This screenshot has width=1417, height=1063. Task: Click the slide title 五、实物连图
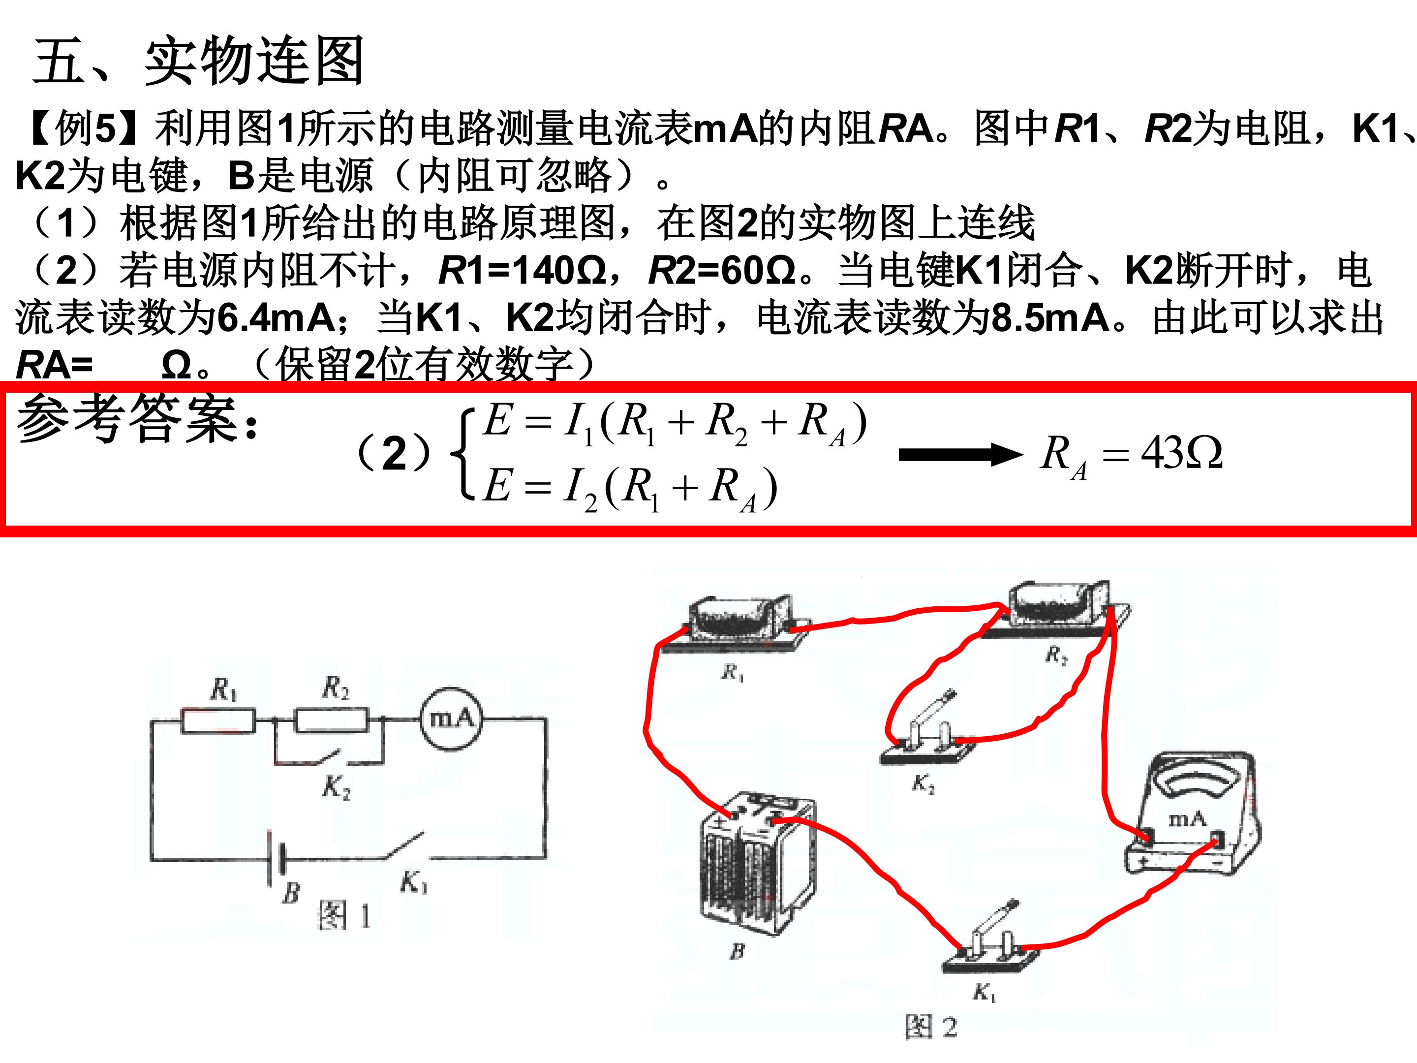coord(199,62)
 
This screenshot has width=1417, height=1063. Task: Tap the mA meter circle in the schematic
coord(450,719)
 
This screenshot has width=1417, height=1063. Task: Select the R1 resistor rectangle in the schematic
coord(218,720)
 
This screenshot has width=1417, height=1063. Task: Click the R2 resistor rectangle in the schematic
coord(332,719)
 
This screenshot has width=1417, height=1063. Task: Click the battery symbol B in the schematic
coord(276,859)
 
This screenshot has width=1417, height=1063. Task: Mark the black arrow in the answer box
coord(961,455)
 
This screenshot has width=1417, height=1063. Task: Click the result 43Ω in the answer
coord(1182,453)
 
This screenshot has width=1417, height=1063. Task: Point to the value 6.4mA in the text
coord(276,318)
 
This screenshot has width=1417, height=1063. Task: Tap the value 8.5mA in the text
coord(1050,318)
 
